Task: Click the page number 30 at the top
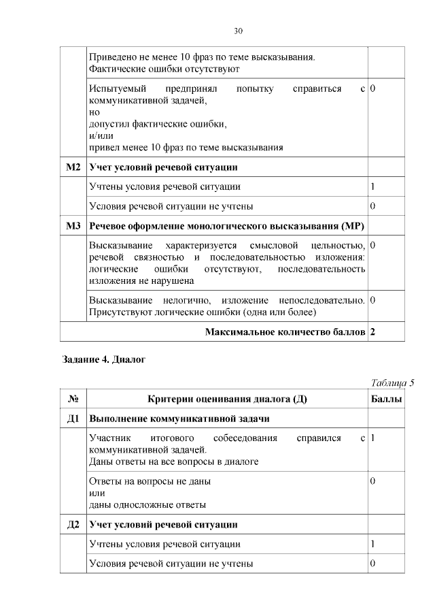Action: point(238,31)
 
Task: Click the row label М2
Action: point(73,167)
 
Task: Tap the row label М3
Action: point(73,225)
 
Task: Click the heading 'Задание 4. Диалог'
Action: point(103,359)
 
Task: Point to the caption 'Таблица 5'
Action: point(392,382)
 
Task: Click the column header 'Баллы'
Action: point(386,399)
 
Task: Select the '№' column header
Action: point(73,399)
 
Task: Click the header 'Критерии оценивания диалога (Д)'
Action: point(227,399)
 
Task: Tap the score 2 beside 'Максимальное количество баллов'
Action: point(373,331)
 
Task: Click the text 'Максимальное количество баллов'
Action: point(284,331)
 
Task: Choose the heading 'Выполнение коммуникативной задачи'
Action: point(179,418)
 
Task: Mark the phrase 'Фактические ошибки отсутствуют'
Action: point(164,69)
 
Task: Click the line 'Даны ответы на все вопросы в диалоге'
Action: point(173,461)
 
